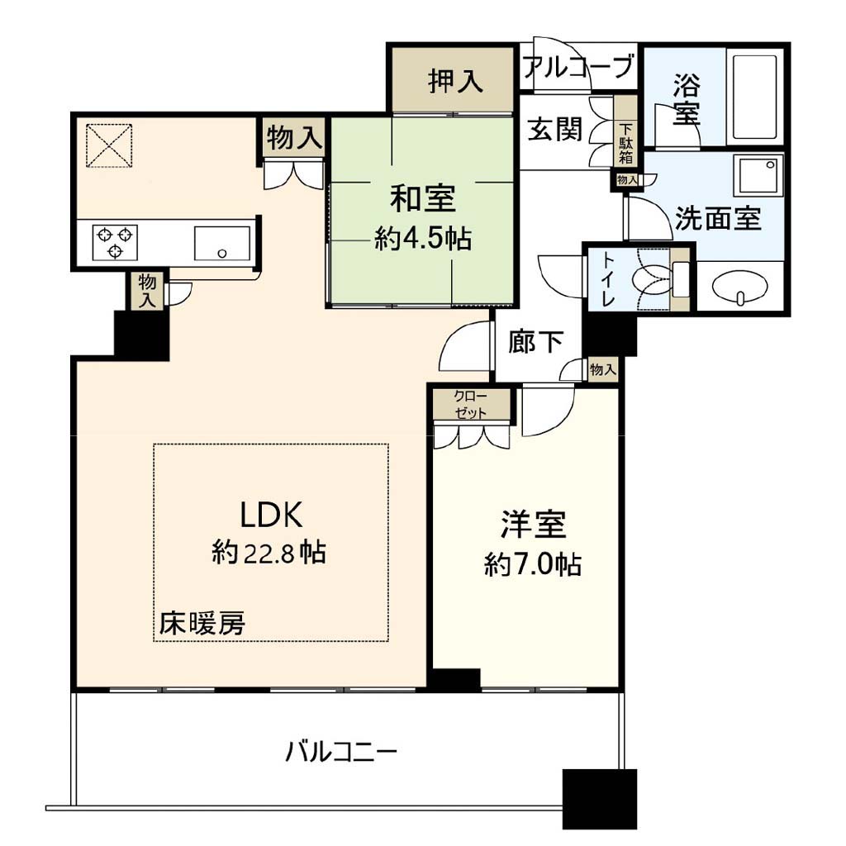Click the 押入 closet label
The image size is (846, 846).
(x=455, y=82)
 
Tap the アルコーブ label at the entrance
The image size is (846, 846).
(x=577, y=67)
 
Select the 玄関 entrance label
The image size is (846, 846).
(x=554, y=129)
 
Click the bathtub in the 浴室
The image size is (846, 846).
(x=754, y=97)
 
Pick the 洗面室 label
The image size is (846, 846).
(x=718, y=218)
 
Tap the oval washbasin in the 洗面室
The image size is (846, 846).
(x=740, y=286)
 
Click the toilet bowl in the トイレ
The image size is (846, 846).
(x=654, y=279)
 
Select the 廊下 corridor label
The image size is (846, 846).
(x=535, y=341)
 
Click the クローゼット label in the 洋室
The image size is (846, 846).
(x=470, y=404)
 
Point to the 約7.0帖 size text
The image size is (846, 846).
(x=533, y=564)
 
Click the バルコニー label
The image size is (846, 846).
(x=341, y=751)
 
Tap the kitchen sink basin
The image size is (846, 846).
(x=222, y=244)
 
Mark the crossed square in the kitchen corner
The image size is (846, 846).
(x=109, y=145)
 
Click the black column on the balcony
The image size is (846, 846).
(x=600, y=799)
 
